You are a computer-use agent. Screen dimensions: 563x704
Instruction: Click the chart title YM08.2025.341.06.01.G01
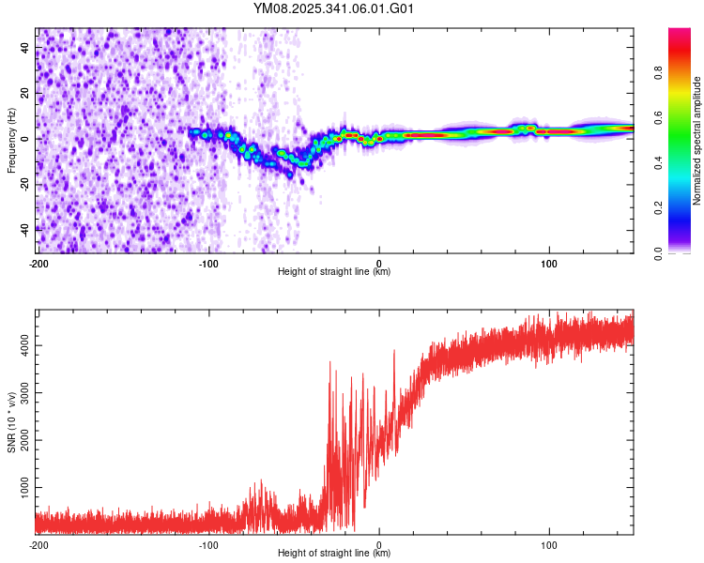[x=334, y=8]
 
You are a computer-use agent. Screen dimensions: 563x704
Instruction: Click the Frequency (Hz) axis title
[x=11, y=141]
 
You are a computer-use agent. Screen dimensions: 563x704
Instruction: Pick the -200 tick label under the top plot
[x=38, y=263]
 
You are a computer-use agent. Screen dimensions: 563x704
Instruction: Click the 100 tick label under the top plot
[x=549, y=263]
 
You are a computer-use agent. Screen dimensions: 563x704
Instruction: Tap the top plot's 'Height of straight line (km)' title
[x=334, y=272]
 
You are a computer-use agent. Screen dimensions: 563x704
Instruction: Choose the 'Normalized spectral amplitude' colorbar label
[x=696, y=141]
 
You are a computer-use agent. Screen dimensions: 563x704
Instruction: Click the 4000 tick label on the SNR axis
[x=23, y=346]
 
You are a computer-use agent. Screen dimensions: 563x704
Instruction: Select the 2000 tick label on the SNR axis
[x=23, y=441]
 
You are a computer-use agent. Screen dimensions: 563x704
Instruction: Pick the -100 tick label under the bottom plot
[x=208, y=544]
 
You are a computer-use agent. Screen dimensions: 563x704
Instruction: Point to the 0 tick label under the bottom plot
[x=379, y=544]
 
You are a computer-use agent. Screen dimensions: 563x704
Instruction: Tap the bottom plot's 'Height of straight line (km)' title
[x=334, y=554]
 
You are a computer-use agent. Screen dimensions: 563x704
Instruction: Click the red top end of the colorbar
[x=680, y=34]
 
